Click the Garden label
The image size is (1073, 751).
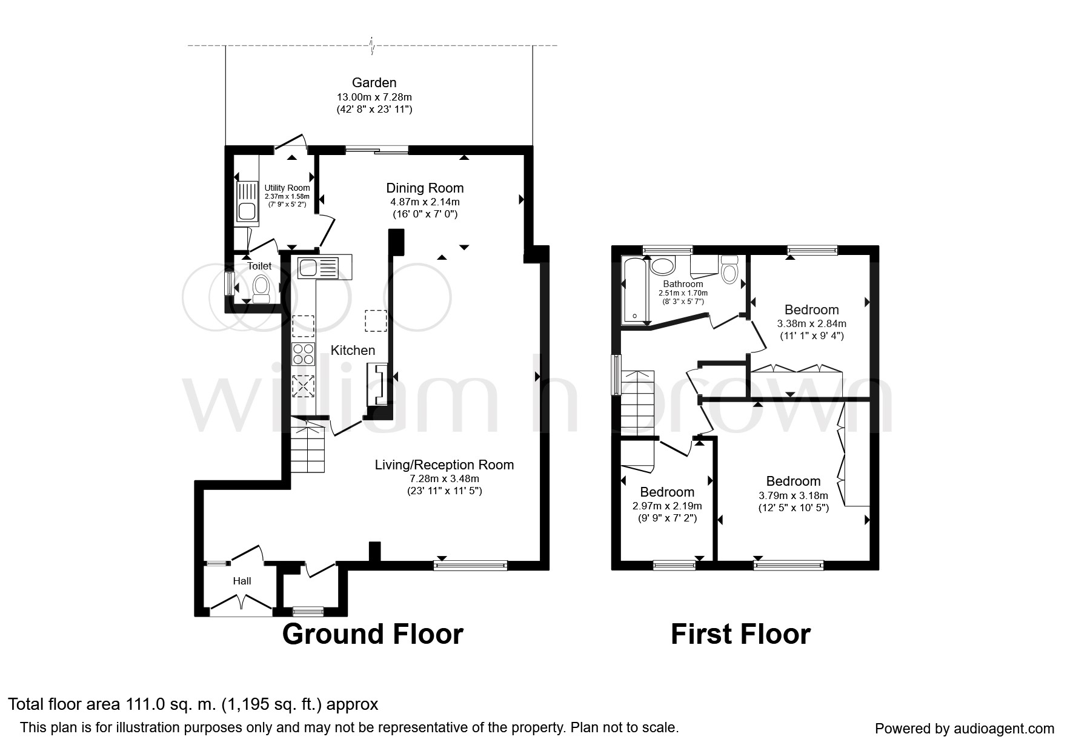point(374,83)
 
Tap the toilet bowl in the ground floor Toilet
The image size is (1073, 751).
point(262,286)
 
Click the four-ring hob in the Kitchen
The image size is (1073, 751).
point(304,354)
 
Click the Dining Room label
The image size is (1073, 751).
point(425,188)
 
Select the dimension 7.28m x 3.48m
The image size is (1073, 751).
point(444,478)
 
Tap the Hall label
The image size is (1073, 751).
point(242,581)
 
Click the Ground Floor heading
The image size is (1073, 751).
point(373,634)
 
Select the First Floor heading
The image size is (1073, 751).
point(740,634)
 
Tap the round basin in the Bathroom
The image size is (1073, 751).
point(662,266)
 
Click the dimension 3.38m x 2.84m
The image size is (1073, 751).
point(811,323)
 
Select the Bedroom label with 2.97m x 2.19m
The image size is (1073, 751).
point(667,492)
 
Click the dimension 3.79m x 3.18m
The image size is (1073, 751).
point(793,495)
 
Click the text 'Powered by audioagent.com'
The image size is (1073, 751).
point(965,729)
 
